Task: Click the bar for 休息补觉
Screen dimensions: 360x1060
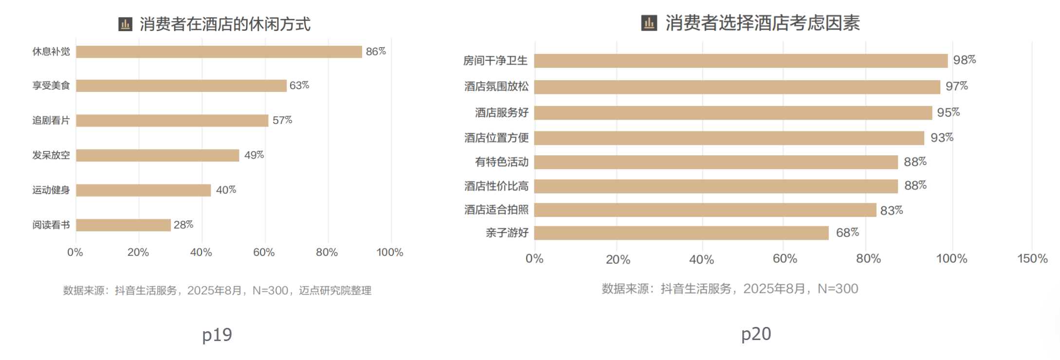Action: pos(219,52)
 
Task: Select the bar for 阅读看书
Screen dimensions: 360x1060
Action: pos(124,225)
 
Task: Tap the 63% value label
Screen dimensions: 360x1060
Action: pos(299,86)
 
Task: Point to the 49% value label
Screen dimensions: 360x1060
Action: pos(254,155)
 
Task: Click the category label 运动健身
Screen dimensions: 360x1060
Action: pos(51,190)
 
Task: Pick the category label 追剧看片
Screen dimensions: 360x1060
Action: pos(51,121)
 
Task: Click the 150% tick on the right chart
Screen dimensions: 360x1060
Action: pos(1032,259)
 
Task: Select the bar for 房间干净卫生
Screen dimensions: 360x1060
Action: pos(741,61)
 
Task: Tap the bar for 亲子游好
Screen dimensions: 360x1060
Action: pos(681,233)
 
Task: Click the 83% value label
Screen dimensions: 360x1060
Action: pos(892,211)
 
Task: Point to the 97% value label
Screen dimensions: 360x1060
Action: pos(957,87)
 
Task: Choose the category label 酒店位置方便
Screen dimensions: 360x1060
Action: pos(496,138)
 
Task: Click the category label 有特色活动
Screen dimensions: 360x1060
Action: pos(502,162)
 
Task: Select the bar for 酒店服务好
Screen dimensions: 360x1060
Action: pos(733,113)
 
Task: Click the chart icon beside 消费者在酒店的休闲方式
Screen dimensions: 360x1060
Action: pos(126,24)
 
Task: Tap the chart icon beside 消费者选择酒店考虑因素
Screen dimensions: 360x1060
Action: pos(649,23)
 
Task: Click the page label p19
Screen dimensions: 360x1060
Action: pos(217,335)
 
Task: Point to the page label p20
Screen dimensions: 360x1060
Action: pos(756,334)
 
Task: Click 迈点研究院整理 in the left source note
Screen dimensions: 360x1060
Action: pos(335,291)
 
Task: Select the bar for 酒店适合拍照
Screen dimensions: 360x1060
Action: pos(705,210)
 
